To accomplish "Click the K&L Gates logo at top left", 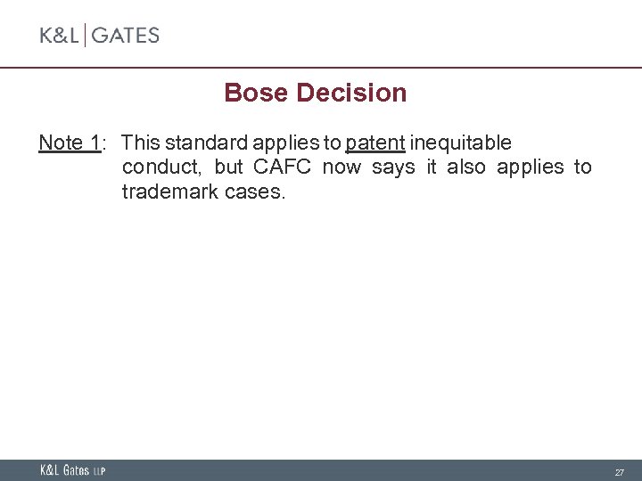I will pyautogui.click(x=99, y=36).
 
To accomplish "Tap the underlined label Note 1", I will pyautogui.click(x=70, y=143).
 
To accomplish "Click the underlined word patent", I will pyautogui.click(x=375, y=143).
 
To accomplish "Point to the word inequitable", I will pyautogui.click(x=461, y=143).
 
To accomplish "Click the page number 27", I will pyautogui.click(x=619, y=471).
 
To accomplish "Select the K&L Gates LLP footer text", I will pyautogui.click(x=72, y=470).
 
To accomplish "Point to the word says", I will pyautogui.click(x=393, y=167).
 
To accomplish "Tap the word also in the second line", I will pyautogui.click(x=468, y=167).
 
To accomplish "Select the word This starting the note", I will pyautogui.click(x=140, y=143).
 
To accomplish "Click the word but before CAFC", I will pyautogui.click(x=228, y=167).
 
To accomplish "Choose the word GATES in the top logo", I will pyautogui.click(x=125, y=36).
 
